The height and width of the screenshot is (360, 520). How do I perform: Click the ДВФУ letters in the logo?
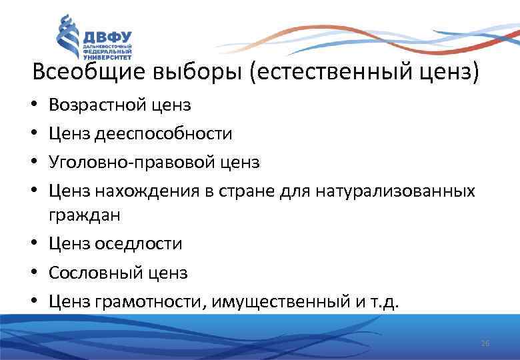coord(107,36)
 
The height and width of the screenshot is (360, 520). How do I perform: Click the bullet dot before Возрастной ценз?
coord(35,106)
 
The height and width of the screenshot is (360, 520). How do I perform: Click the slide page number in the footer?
coord(485,343)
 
